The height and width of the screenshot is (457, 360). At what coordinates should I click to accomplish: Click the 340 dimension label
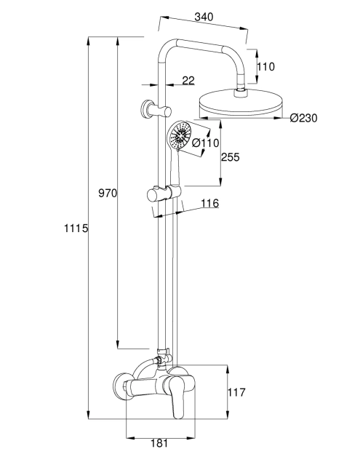click(x=204, y=17)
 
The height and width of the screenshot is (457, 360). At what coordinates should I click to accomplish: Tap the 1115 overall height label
click(x=76, y=228)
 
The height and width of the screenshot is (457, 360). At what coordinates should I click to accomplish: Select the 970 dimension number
click(x=108, y=193)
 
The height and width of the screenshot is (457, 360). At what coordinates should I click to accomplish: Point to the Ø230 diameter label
click(x=303, y=118)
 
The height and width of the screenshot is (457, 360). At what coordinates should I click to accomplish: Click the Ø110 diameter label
click(x=206, y=143)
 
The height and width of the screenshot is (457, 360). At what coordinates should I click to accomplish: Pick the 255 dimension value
click(x=231, y=157)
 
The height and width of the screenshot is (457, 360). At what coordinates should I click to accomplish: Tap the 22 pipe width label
click(x=188, y=81)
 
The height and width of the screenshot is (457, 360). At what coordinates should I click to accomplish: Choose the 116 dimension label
click(x=210, y=203)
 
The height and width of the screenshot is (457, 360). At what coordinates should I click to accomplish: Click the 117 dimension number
click(x=236, y=392)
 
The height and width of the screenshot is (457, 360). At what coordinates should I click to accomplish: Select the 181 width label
click(x=159, y=443)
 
